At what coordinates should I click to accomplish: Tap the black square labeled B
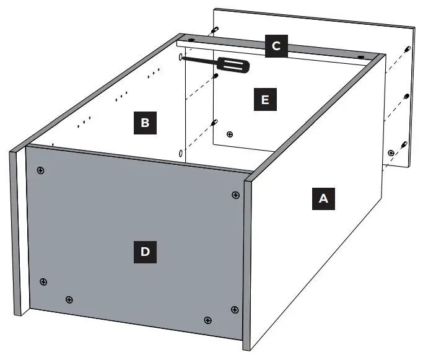[x=144, y=123]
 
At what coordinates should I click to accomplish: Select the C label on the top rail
[x=276, y=46]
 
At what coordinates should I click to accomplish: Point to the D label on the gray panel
[x=144, y=252]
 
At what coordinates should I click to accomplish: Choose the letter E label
[x=265, y=99]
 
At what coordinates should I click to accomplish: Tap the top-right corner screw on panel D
[x=235, y=195]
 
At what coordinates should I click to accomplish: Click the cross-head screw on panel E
[x=230, y=134]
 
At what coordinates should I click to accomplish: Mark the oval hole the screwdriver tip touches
[x=180, y=57]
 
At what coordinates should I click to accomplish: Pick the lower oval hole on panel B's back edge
[x=180, y=152]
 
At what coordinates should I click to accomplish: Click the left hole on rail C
[x=190, y=40]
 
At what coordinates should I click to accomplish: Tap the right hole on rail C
[x=360, y=56]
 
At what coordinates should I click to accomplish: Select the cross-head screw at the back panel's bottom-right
[x=390, y=152]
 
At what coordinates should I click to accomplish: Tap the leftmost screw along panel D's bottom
[x=43, y=282]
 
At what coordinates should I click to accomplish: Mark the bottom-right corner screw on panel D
[x=234, y=309]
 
